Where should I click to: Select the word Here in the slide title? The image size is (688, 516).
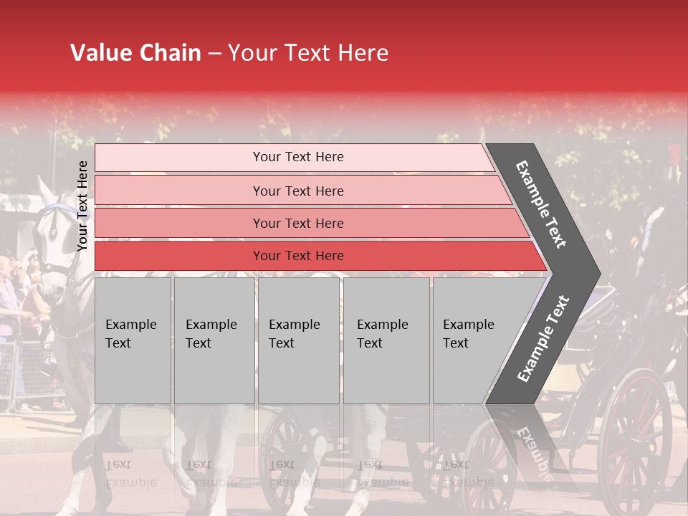click(x=363, y=53)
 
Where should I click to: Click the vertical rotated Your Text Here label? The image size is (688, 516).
click(x=82, y=206)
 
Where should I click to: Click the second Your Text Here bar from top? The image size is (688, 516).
click(x=297, y=191)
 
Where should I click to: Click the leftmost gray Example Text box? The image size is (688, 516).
click(x=133, y=340)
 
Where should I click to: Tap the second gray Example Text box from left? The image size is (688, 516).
click(x=214, y=340)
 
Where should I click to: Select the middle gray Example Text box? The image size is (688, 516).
click(x=298, y=340)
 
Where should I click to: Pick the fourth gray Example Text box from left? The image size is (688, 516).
click(x=386, y=340)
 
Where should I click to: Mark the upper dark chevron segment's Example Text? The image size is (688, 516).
click(x=542, y=204)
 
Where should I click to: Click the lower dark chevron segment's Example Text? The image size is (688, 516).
click(x=543, y=338)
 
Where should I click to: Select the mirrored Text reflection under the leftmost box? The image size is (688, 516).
click(x=118, y=464)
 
